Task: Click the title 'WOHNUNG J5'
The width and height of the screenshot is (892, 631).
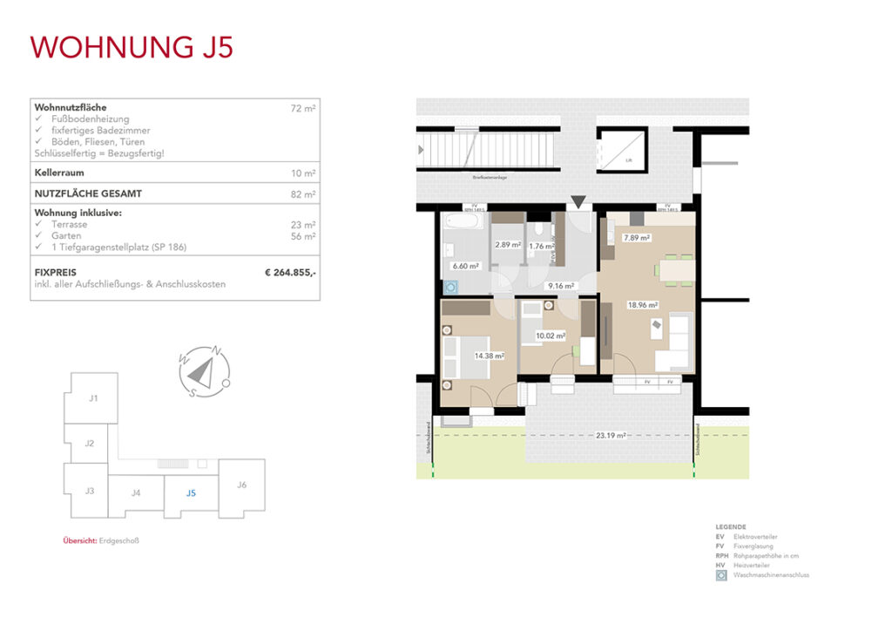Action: click(x=132, y=46)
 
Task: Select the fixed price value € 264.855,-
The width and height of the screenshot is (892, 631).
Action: click(x=290, y=273)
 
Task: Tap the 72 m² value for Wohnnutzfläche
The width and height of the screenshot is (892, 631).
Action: click(x=303, y=108)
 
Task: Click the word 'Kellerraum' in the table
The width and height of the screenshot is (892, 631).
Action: click(x=58, y=173)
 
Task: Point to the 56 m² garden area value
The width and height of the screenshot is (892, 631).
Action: click(x=303, y=236)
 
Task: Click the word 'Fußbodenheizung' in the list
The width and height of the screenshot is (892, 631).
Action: click(x=90, y=119)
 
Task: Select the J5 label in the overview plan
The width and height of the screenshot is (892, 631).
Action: click(x=191, y=493)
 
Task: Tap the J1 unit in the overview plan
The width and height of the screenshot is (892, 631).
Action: click(x=92, y=398)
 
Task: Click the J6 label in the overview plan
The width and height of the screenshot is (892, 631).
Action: click(x=241, y=485)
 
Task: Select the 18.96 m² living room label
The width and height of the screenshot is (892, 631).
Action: click(x=642, y=305)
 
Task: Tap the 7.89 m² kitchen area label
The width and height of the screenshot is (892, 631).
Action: click(x=638, y=236)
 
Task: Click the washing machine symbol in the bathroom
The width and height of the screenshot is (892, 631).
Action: click(x=451, y=285)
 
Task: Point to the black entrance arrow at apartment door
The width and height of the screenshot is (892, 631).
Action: click(x=578, y=203)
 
